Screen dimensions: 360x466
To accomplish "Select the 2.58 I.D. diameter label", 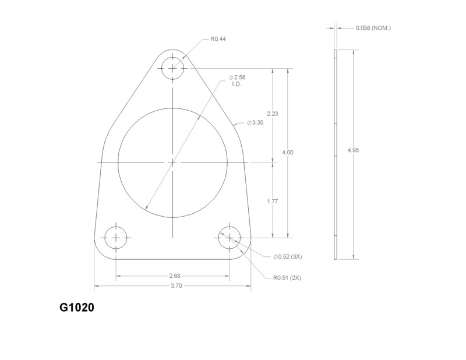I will pos(239,77).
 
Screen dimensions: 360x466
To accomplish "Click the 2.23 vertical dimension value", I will pos(272,114).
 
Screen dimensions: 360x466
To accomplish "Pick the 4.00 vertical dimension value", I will pos(288,152).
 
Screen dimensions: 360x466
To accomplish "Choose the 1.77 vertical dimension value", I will pos(272,201).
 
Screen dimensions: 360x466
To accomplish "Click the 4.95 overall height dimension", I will pos(353,150).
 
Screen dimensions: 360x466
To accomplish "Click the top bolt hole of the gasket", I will pos(172,68).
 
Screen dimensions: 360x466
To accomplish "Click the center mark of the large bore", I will pos(172,162).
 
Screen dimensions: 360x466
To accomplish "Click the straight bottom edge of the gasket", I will pos(173,260).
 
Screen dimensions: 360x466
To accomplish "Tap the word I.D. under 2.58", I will pos(236,84).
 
